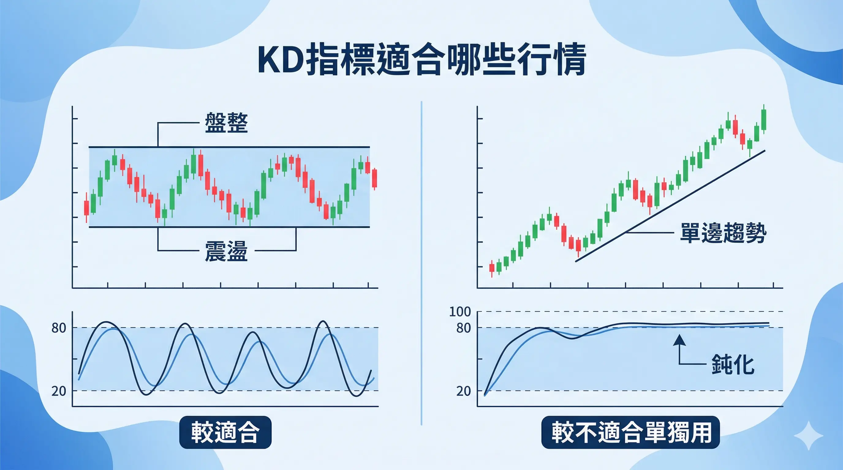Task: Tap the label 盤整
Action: pos(226,123)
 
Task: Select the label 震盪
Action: pos(226,251)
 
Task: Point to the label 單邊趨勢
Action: pos(723,233)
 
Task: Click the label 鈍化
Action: pos(733,364)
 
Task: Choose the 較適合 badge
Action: pos(225,432)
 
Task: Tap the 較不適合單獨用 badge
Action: pos(631,432)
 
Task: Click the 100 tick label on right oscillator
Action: pos(460,311)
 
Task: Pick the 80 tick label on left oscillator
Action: pos(59,328)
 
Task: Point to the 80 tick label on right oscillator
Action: pos(464,328)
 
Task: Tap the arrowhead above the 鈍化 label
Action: pos(679,340)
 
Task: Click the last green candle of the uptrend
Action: pos(764,120)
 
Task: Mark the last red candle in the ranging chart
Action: pos(374,178)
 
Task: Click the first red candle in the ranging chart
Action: pos(86,208)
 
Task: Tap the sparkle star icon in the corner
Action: pos(808,436)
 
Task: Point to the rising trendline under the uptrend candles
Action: pos(671,206)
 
